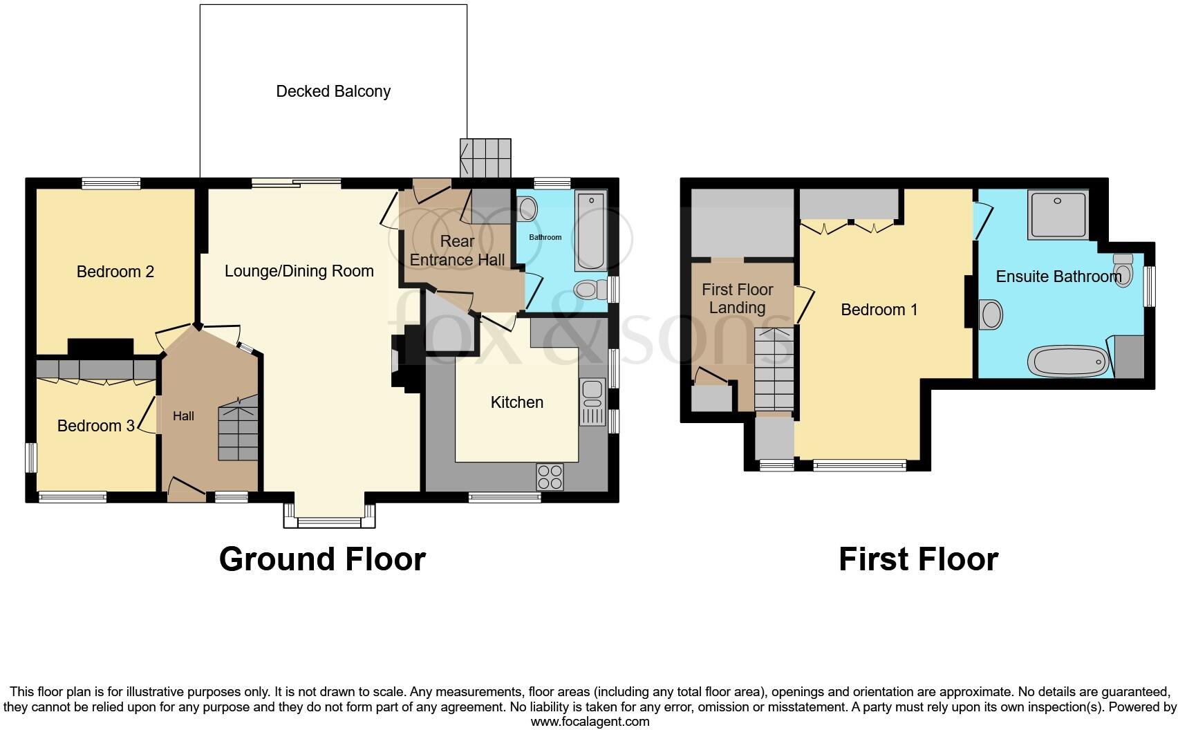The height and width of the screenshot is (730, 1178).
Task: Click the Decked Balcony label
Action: (333, 91)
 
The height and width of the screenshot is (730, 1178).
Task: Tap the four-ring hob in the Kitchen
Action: (550, 477)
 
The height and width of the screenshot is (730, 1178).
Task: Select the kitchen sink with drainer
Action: (592, 402)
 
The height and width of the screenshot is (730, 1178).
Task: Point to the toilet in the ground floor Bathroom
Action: (588, 289)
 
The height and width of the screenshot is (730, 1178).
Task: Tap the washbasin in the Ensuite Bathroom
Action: (991, 315)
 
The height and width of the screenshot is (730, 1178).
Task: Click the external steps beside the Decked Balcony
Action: (486, 158)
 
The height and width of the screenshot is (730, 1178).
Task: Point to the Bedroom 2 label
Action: (115, 272)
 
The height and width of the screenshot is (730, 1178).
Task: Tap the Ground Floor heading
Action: (322, 559)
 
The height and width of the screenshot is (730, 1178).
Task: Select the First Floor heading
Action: (918, 559)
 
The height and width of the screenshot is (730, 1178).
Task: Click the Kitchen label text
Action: (516, 402)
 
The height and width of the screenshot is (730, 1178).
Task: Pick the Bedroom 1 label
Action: (879, 310)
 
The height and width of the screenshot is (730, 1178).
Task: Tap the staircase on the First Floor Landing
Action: (774, 370)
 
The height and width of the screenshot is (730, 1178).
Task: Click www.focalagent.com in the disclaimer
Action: (590, 722)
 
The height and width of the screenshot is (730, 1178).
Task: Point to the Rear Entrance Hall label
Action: (457, 250)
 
